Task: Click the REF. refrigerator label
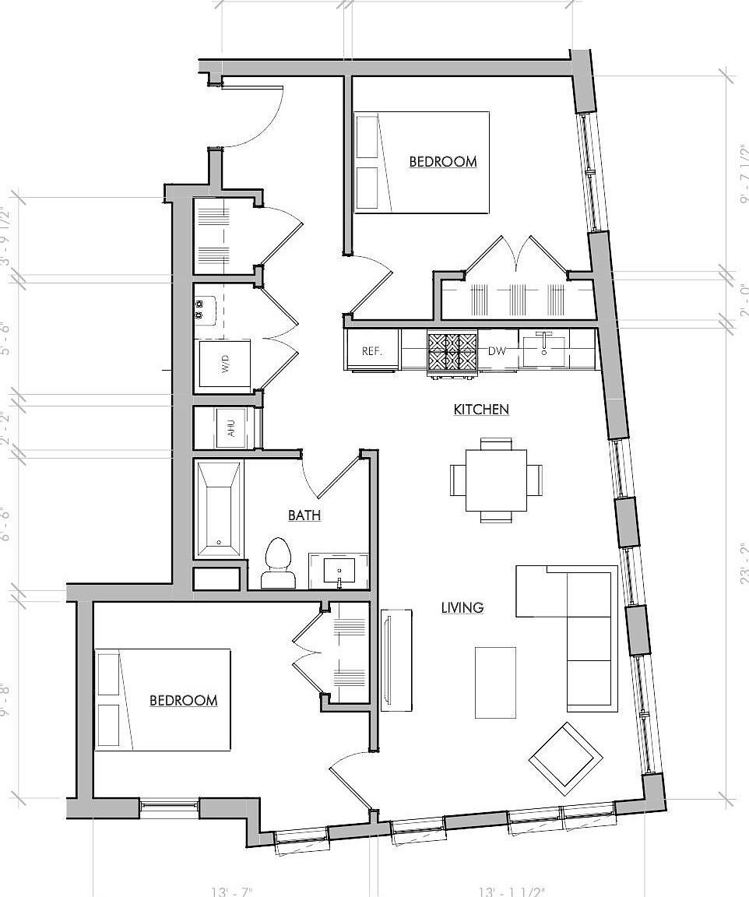pyautogui.click(x=372, y=351)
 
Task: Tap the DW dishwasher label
pyautogui.click(x=497, y=351)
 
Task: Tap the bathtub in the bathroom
pyautogui.click(x=219, y=509)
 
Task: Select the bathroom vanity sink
pyautogui.click(x=339, y=571)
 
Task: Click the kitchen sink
pyautogui.click(x=545, y=347)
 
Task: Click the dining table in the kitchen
pyautogui.click(x=496, y=480)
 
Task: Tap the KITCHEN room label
pyautogui.click(x=481, y=409)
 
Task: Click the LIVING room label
pyautogui.click(x=462, y=607)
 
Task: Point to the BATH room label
pyautogui.click(x=304, y=515)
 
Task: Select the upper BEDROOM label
pyautogui.click(x=442, y=162)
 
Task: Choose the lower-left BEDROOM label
pyautogui.click(x=183, y=701)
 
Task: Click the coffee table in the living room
pyautogui.click(x=495, y=683)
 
